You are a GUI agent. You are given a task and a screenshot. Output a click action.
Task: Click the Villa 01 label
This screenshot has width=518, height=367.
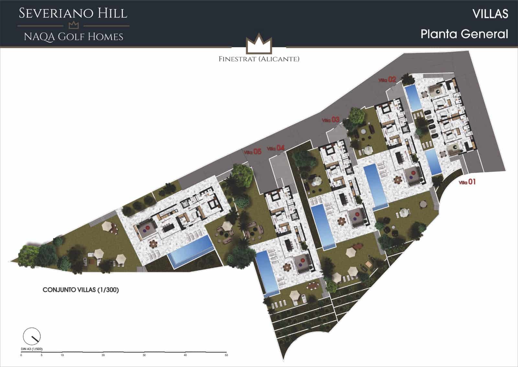click(x=467, y=182)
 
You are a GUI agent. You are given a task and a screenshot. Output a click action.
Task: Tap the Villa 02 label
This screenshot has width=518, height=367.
click(x=388, y=79)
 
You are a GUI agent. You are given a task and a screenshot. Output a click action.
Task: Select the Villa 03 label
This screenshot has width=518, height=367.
click(x=331, y=120)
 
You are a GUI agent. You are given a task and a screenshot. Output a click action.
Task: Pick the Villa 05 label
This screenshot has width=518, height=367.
click(x=253, y=151)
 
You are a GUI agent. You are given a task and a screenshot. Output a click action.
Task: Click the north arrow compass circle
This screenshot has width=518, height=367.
click(x=32, y=336)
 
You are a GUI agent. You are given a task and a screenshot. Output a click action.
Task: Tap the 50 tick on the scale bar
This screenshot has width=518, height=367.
click(x=226, y=355)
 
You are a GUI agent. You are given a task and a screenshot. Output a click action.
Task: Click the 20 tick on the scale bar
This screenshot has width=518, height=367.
click(x=103, y=355)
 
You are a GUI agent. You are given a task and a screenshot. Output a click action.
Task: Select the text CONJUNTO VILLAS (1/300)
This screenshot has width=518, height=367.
click(x=81, y=290)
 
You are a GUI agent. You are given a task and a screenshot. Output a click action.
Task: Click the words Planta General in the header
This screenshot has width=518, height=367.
click(x=464, y=34)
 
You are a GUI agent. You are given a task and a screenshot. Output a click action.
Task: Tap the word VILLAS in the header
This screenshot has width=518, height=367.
click(x=490, y=14)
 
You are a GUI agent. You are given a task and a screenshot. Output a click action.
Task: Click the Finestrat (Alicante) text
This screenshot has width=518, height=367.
click(x=259, y=59)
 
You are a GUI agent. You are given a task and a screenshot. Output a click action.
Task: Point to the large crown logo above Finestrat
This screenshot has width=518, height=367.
click(x=258, y=43)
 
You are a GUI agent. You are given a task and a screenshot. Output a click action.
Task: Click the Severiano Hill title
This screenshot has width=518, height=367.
click(x=73, y=13)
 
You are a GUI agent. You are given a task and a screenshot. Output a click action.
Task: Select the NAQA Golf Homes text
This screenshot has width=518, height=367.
click(x=74, y=37)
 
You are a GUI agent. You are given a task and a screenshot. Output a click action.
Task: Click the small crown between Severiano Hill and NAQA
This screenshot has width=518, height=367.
click(x=74, y=25)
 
